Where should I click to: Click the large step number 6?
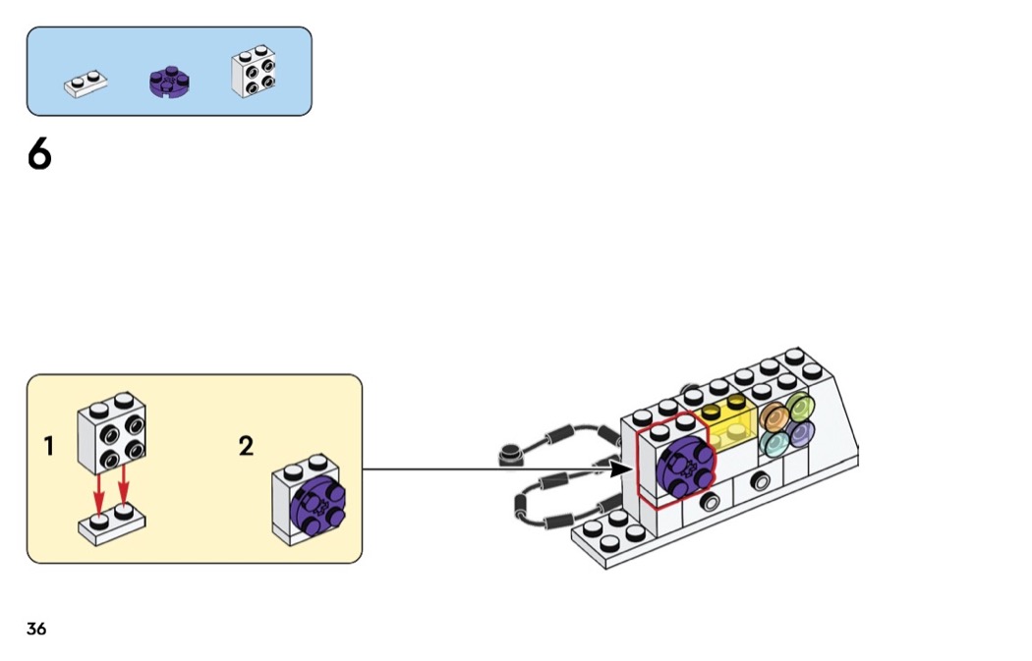(39, 155)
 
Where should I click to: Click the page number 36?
(36, 629)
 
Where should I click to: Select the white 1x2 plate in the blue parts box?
(86, 84)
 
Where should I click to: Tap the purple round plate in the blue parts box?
(169, 83)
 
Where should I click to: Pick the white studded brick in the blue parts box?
(253, 73)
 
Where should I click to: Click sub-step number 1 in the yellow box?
(48, 447)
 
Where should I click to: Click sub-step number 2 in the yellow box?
(246, 447)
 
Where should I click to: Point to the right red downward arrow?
(124, 486)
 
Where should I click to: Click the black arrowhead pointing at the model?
(619, 469)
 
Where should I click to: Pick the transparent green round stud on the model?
(799, 407)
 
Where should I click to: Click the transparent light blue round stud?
(774, 442)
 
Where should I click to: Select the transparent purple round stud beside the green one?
(800, 431)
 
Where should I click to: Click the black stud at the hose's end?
(509, 455)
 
